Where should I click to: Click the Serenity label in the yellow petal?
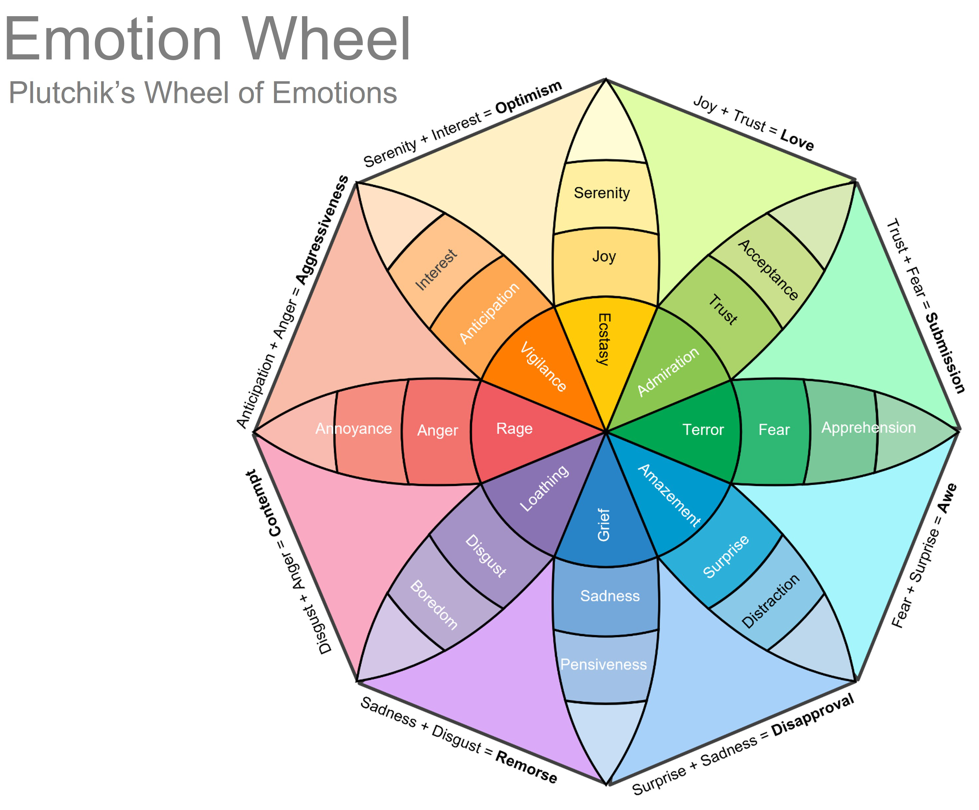tap(601, 193)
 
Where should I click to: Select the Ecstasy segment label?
tap(604, 339)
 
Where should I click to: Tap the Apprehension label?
tap(868, 428)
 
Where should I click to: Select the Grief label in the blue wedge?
tap(604, 525)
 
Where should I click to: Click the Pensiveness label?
tap(603, 664)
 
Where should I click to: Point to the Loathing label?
tap(544, 488)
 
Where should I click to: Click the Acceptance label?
tap(768, 269)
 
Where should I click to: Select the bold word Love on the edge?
tap(797, 140)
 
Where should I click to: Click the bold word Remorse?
tap(526, 767)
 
